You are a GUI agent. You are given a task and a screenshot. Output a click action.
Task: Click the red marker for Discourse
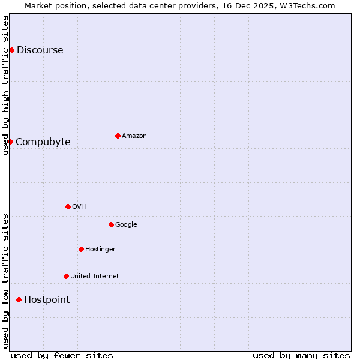(11, 50)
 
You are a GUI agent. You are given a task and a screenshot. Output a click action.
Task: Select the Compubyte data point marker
(10, 142)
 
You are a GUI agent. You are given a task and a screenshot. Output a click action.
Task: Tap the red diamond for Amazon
(118, 136)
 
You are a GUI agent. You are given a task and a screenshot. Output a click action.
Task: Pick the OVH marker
(68, 206)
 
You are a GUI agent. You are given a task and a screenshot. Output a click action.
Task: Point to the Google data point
(111, 224)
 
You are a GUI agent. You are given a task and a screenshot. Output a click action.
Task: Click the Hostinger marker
(81, 249)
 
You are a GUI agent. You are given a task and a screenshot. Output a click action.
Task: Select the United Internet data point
(66, 276)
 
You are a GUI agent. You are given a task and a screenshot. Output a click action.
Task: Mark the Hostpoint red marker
(19, 299)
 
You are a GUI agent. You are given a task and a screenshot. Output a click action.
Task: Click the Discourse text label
(40, 50)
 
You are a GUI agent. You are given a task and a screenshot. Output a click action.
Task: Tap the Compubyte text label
(43, 142)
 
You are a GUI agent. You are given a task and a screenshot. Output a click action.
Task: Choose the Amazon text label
(134, 136)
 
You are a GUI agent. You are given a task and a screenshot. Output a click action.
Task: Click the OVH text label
(79, 207)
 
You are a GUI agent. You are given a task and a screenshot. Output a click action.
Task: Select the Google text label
(126, 225)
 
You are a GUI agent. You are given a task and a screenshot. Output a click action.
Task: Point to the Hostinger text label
(100, 250)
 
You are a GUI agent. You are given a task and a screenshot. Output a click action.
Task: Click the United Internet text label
(94, 277)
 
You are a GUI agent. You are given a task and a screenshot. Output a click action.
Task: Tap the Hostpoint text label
(47, 300)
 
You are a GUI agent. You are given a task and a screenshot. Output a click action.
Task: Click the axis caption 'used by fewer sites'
(62, 355)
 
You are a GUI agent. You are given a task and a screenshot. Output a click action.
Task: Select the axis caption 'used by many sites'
(301, 355)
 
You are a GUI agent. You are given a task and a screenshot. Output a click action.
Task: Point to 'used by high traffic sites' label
(5, 85)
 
